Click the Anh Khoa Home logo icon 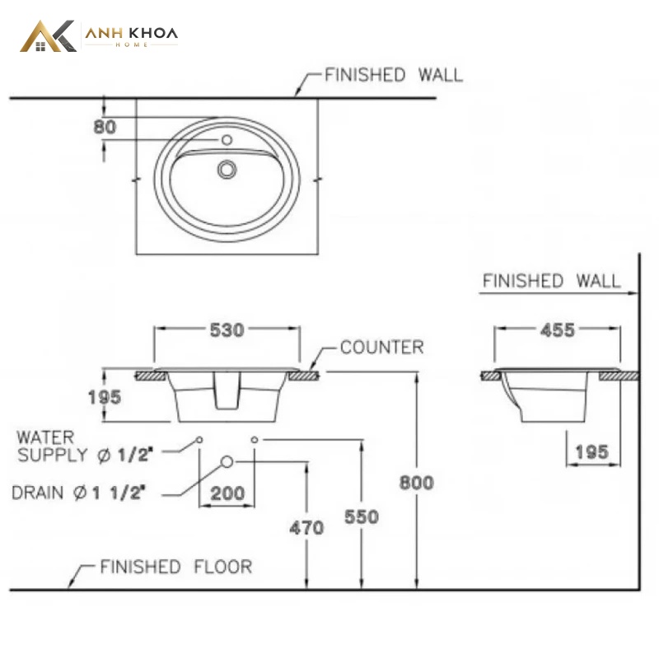(48, 36)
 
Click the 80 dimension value (105, 127)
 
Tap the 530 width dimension (227, 330)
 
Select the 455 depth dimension (558, 330)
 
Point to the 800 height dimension (417, 483)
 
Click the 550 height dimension (362, 517)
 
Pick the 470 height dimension (306, 528)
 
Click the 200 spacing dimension (227, 493)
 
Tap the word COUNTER (381, 348)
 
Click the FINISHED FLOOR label (176, 567)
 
